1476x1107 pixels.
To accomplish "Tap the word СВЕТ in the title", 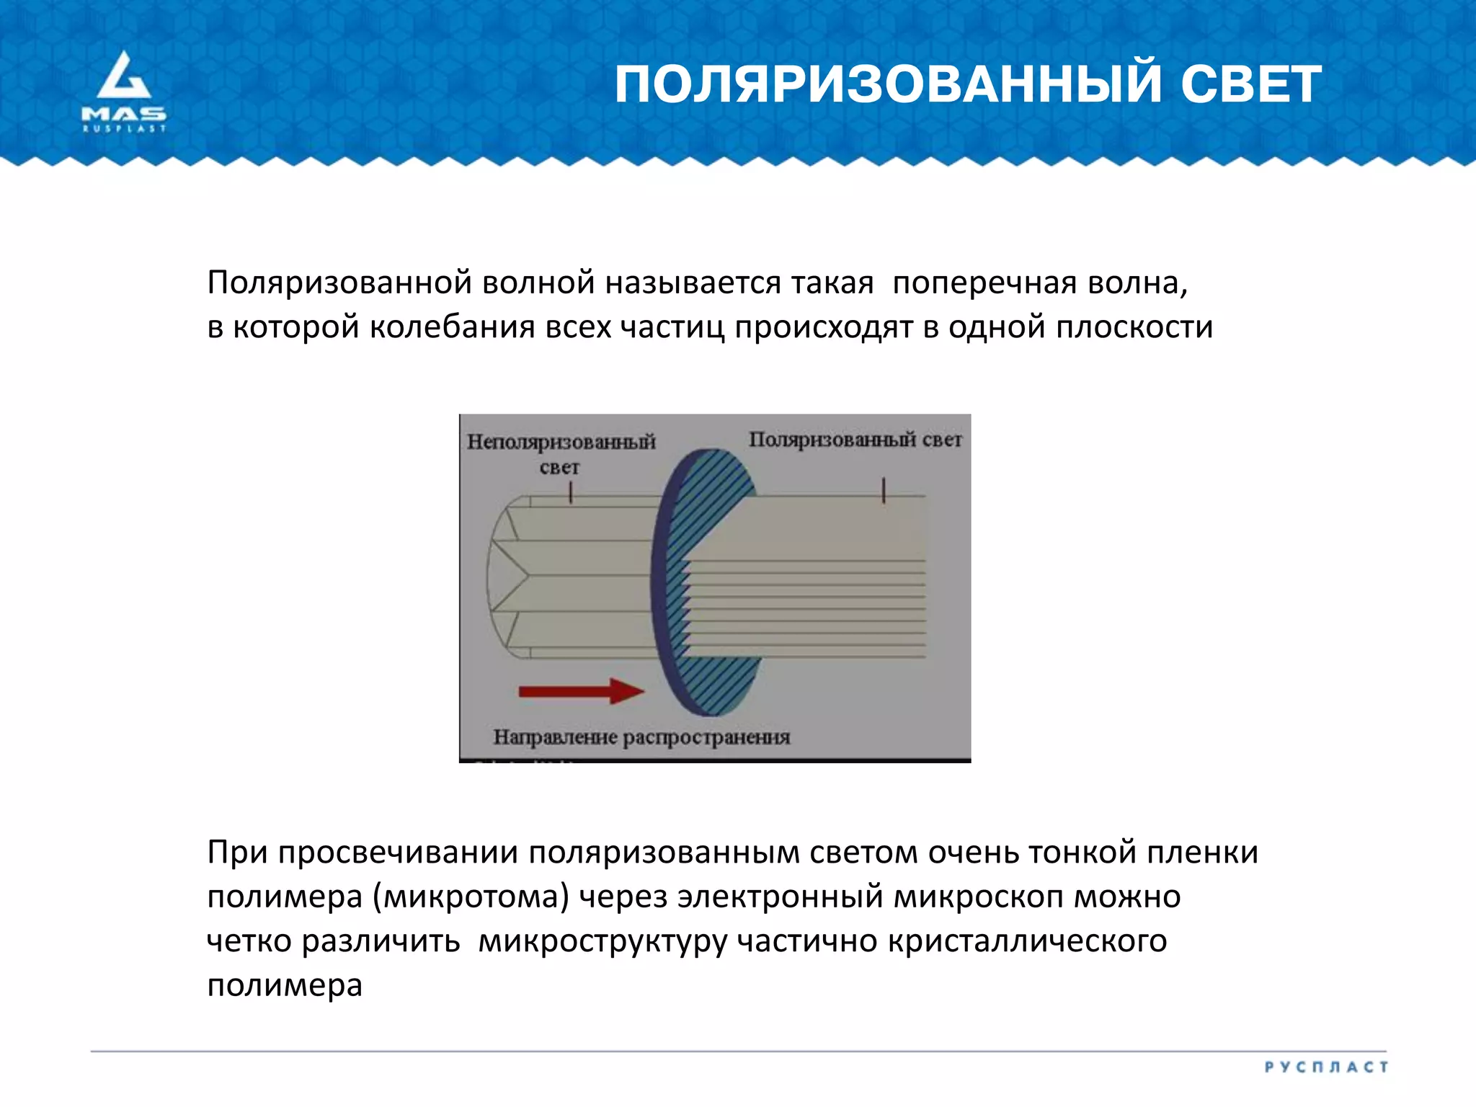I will [1250, 84].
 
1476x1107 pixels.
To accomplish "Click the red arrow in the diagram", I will [581, 690].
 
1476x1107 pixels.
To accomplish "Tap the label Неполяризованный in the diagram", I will [561, 441].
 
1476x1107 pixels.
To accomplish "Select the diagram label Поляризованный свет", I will [855, 440].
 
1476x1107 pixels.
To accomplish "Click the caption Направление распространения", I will [641, 737].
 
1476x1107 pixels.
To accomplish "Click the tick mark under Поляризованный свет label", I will [883, 491].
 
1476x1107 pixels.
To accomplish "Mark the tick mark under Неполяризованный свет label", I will [570, 492].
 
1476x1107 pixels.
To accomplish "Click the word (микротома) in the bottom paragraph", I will [471, 897].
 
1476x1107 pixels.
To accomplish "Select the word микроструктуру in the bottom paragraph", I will [603, 942].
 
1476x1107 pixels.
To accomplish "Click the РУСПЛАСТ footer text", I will [1326, 1067].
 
